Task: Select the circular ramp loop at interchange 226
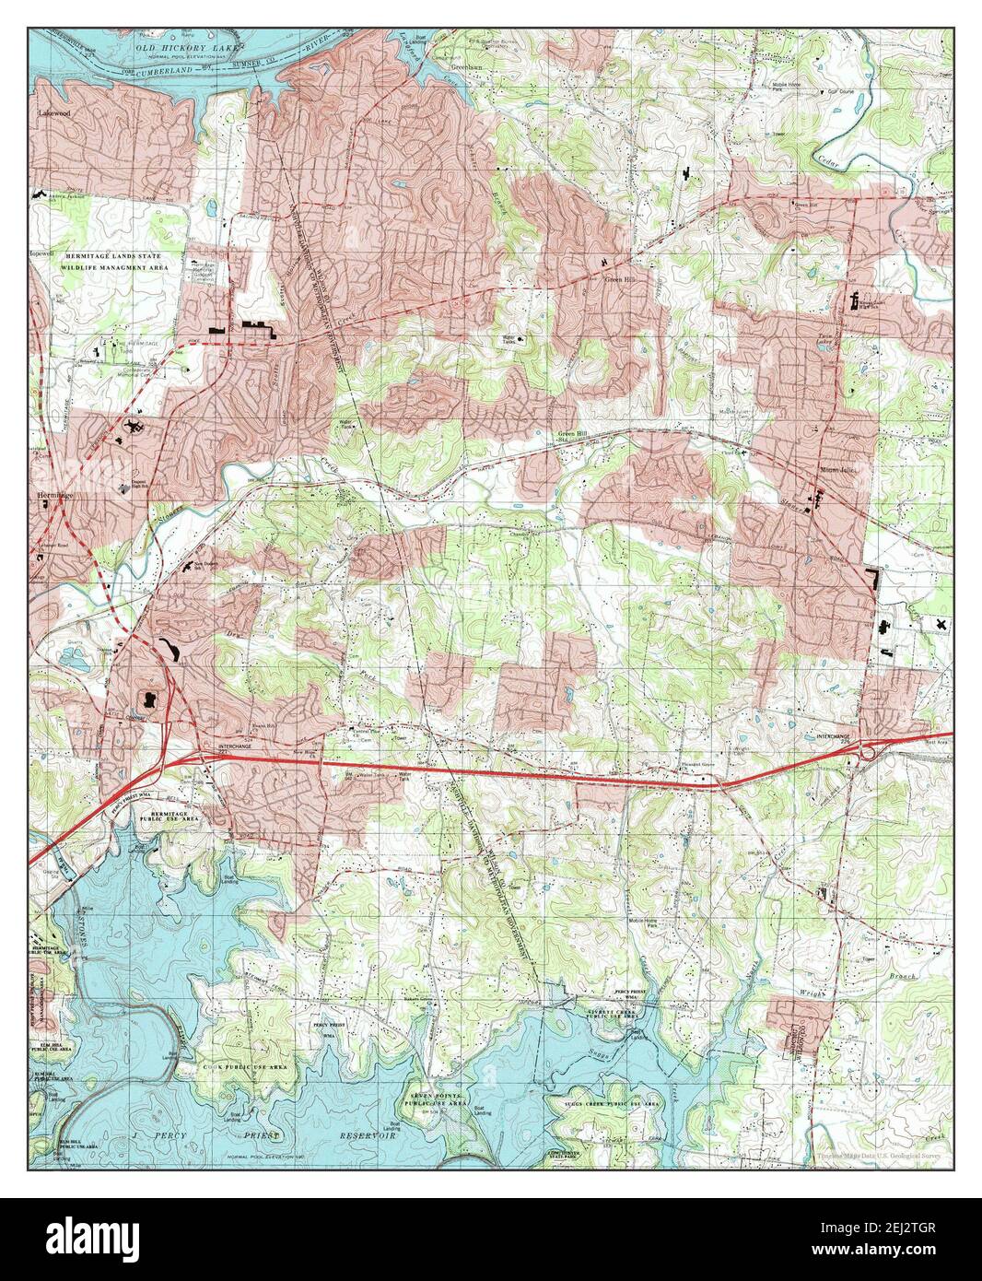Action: (868, 755)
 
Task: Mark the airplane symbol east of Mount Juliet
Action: (940, 624)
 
